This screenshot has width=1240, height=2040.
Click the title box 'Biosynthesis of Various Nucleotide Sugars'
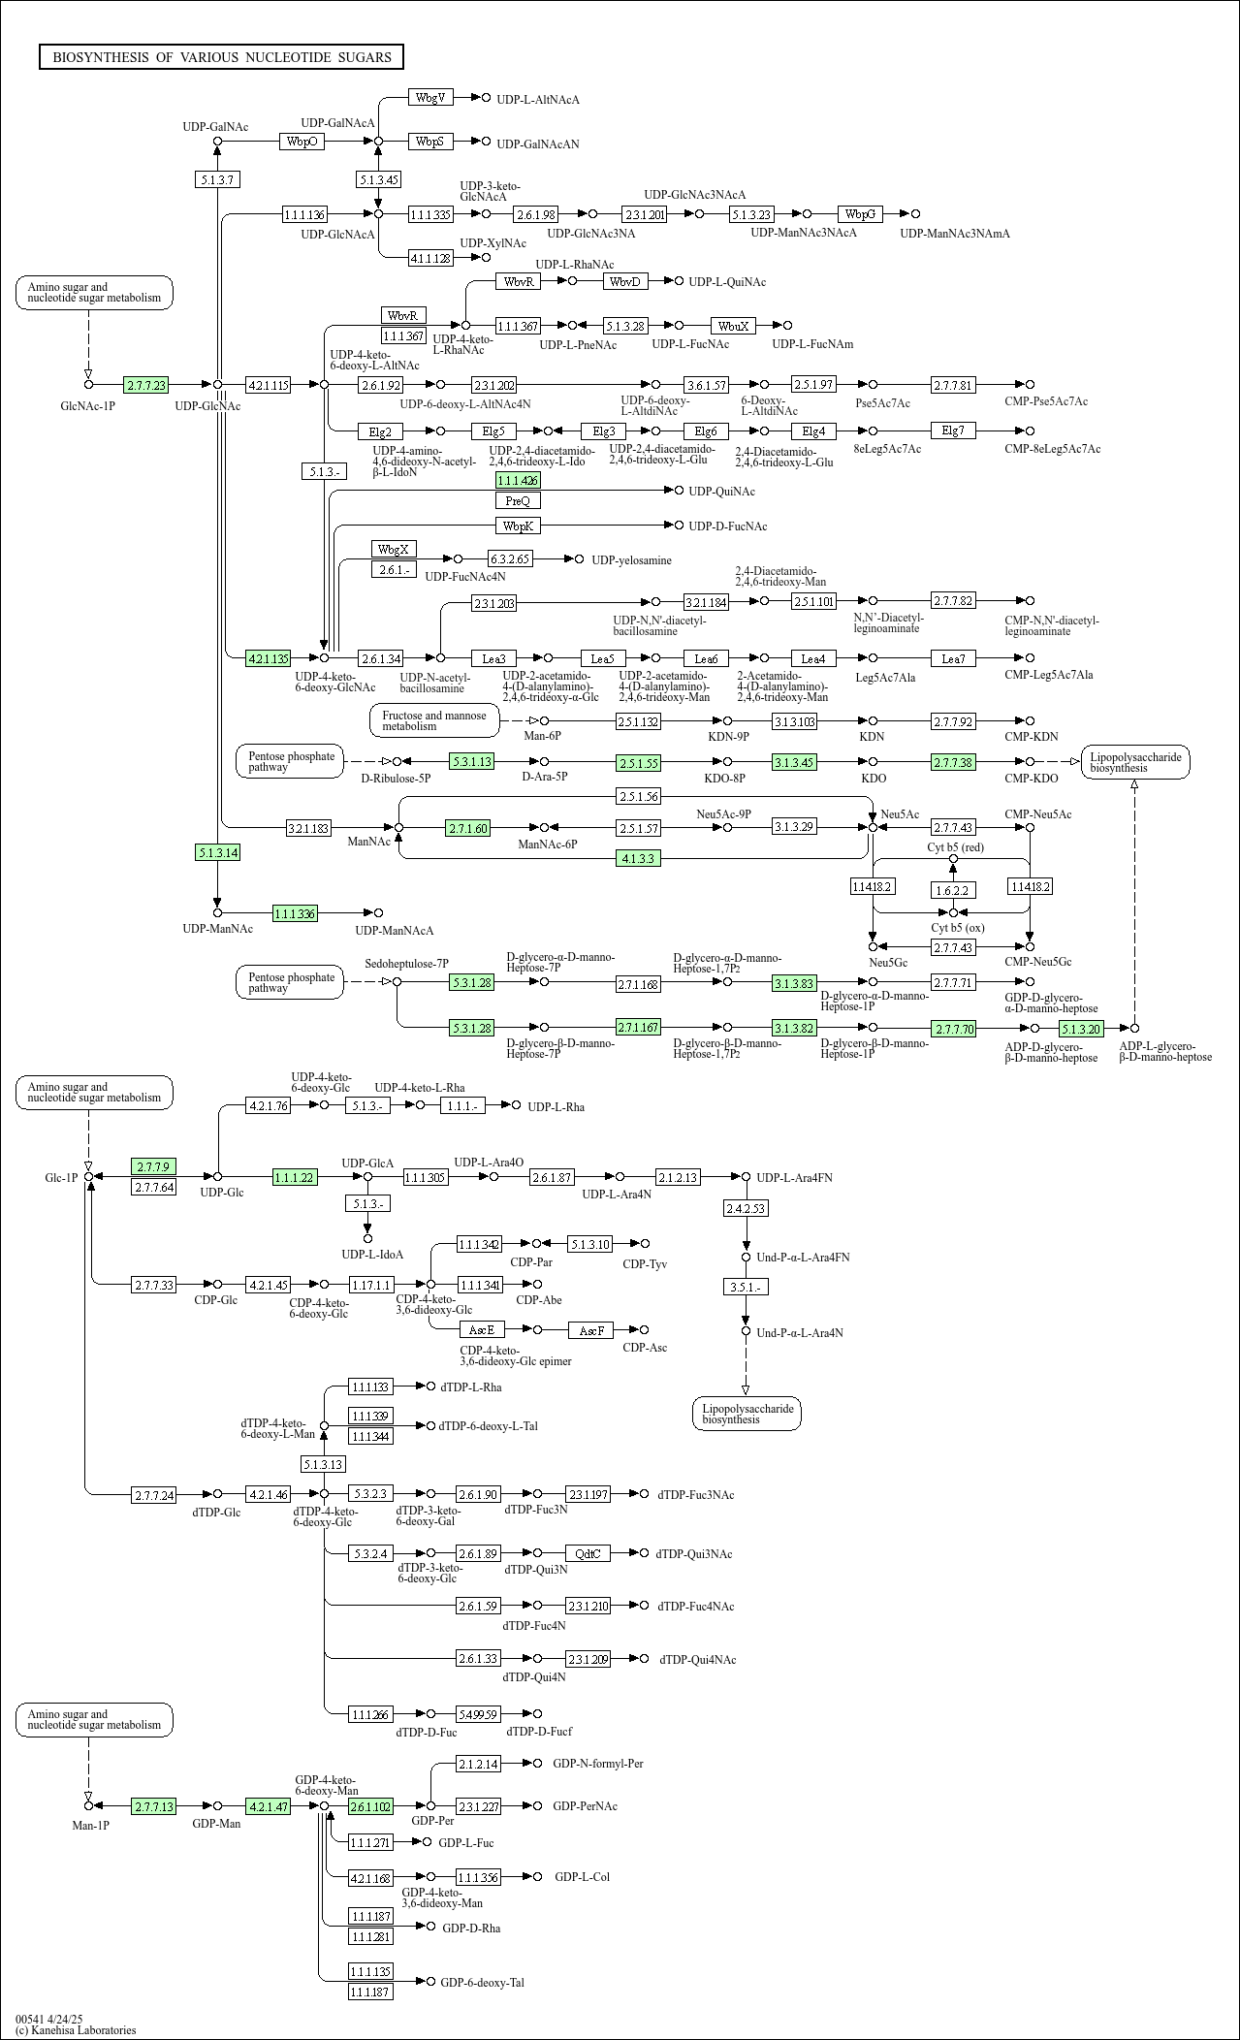(x=221, y=57)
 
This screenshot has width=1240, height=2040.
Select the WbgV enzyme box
(x=430, y=97)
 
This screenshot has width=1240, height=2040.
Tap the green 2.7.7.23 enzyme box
(x=146, y=385)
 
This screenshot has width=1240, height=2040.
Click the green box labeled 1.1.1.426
(x=518, y=480)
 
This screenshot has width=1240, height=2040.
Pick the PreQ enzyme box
(x=518, y=500)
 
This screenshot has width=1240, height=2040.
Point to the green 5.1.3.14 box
(x=217, y=852)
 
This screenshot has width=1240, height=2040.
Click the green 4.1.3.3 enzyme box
(x=639, y=858)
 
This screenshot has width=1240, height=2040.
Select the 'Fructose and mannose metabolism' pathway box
(x=434, y=720)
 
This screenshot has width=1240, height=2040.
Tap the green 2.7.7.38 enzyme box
(x=953, y=762)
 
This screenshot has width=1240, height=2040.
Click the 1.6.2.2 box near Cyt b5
(x=953, y=889)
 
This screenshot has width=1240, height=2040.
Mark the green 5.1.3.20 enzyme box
(x=1081, y=1029)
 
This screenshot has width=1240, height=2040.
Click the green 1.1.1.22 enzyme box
(x=296, y=1177)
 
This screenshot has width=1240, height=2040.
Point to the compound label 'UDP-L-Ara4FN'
(x=794, y=1177)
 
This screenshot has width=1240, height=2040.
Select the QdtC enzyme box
(x=588, y=1553)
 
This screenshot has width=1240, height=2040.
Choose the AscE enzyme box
(x=482, y=1330)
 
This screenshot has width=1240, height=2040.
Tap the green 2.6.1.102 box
(x=370, y=1806)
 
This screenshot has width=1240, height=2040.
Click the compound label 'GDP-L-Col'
(x=582, y=1877)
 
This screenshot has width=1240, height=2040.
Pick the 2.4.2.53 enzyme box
(x=746, y=1208)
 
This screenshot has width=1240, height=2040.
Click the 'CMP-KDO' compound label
(x=1032, y=779)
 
